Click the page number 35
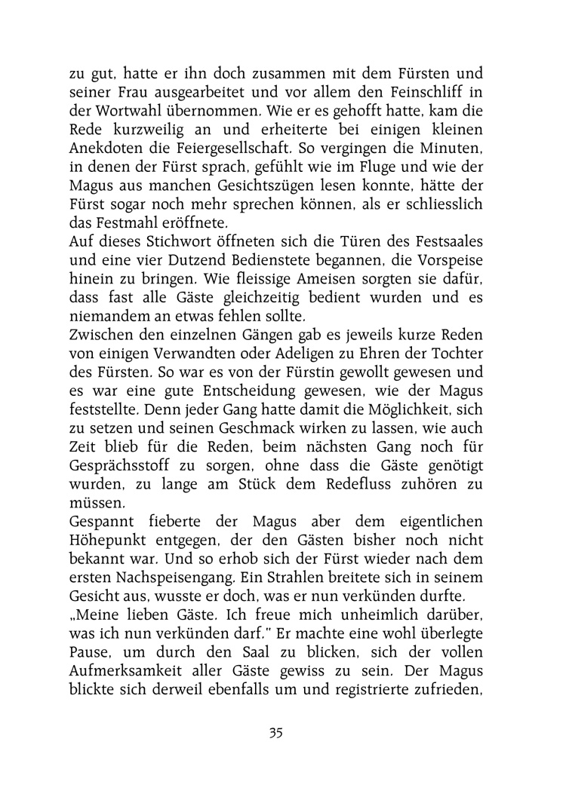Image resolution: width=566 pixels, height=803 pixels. (275, 731)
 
